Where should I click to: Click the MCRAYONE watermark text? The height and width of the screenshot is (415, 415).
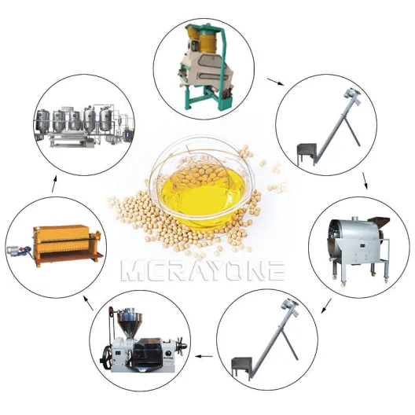(x=203, y=270)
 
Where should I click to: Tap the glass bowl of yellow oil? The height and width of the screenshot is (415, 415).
(x=201, y=185)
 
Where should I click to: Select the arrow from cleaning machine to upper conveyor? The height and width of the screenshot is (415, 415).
(x=276, y=82)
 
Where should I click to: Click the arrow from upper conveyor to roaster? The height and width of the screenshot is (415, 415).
(x=365, y=181)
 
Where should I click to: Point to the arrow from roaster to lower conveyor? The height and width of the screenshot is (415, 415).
(x=326, y=306)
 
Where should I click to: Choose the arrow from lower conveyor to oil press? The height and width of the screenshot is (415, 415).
(x=204, y=356)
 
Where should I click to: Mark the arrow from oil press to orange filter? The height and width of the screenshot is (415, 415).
(x=88, y=303)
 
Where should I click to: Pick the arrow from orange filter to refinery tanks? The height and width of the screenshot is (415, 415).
(x=54, y=184)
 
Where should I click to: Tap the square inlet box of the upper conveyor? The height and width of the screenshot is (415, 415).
(x=307, y=152)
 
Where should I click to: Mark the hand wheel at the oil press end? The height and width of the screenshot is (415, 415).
(x=182, y=346)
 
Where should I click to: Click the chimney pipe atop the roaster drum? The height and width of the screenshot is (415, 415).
(x=354, y=219)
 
